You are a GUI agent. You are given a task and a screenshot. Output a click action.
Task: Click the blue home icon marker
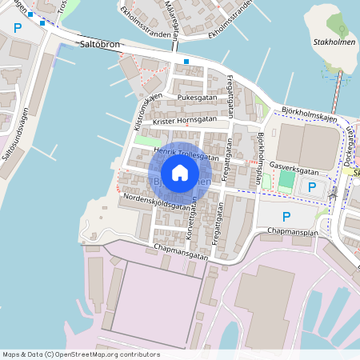pos(180,172)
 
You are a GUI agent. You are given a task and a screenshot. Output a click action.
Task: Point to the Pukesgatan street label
pos(197,97)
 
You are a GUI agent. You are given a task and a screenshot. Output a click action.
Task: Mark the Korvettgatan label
pos(191,214)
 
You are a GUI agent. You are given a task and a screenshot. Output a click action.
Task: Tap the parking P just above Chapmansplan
pos(286,216)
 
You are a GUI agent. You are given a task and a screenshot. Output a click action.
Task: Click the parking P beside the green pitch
pos(312,186)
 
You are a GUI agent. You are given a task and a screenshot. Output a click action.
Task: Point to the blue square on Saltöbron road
pos(186,62)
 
